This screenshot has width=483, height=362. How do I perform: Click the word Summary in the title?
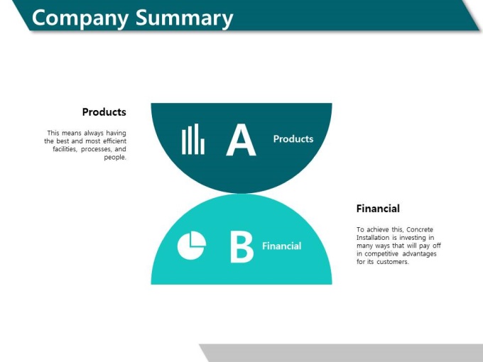click(x=184, y=18)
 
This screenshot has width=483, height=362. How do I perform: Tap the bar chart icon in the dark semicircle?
click(x=193, y=139)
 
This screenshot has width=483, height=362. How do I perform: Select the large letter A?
click(x=241, y=140)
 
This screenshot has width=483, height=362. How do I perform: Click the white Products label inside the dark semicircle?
click(x=293, y=139)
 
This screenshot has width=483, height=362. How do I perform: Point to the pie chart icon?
click(x=192, y=246)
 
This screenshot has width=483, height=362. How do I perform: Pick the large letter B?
click(x=241, y=247)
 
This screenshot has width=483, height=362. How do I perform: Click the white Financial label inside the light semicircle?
click(x=281, y=246)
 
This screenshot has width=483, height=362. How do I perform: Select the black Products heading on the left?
click(x=104, y=111)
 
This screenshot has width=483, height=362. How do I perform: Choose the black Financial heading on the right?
click(x=378, y=209)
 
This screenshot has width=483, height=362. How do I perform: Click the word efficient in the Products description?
click(x=114, y=141)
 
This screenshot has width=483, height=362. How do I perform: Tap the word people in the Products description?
click(x=115, y=158)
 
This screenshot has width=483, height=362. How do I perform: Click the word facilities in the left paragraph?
click(x=65, y=149)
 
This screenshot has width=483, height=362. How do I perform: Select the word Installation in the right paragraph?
click(x=373, y=238)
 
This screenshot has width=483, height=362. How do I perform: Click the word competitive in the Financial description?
click(x=381, y=254)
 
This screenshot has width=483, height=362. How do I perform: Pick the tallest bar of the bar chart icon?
click(x=197, y=139)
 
